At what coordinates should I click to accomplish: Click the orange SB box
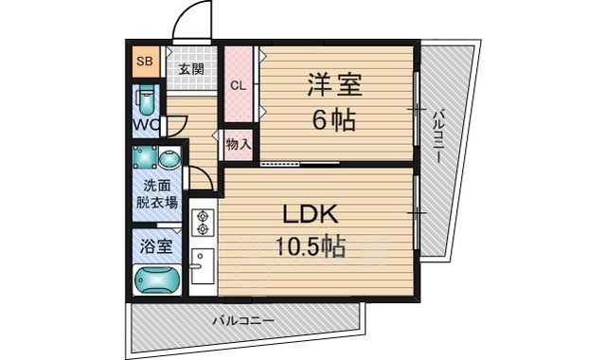[146, 63]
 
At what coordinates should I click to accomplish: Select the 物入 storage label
[238, 145]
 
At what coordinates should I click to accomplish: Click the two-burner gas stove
[202, 224]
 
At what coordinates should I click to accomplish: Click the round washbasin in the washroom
[169, 158]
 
